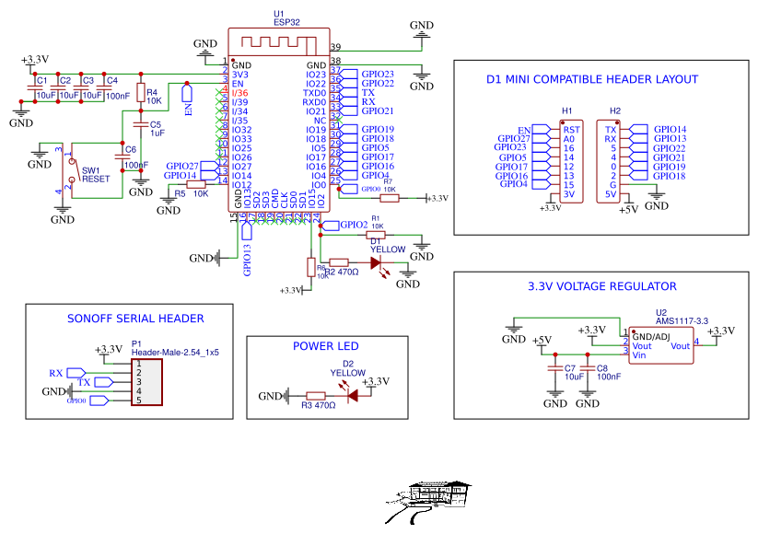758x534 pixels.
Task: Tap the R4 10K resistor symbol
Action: point(141,92)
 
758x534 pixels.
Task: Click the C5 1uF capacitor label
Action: point(157,128)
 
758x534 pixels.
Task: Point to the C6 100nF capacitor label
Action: point(134,157)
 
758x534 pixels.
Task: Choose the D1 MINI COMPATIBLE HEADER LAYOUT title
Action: point(592,79)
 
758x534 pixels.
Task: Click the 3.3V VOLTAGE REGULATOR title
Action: point(602,286)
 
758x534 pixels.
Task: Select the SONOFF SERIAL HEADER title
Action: point(135,319)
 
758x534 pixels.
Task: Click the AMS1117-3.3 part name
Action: point(682,320)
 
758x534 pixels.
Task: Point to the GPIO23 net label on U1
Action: point(378,74)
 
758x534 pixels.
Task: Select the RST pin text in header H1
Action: point(571,130)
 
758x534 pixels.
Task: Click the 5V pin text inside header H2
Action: point(610,194)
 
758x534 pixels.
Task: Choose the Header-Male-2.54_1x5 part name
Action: point(175,353)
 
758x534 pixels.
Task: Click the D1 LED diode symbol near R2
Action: point(376,262)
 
